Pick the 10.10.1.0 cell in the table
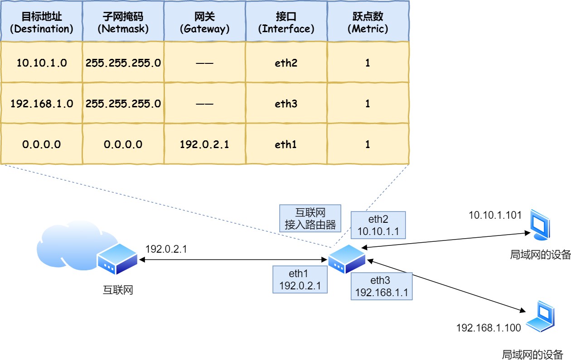(x=41, y=63)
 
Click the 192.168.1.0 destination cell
(x=41, y=104)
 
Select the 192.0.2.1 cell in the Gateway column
(x=204, y=144)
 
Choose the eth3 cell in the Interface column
(x=286, y=104)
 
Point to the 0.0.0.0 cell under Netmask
(x=123, y=144)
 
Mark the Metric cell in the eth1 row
(x=368, y=144)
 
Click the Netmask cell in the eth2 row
(x=123, y=63)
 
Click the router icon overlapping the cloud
(x=116, y=259)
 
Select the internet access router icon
(x=347, y=259)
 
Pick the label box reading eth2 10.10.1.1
(x=378, y=225)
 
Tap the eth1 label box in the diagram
(x=300, y=279)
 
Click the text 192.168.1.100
(x=489, y=328)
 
